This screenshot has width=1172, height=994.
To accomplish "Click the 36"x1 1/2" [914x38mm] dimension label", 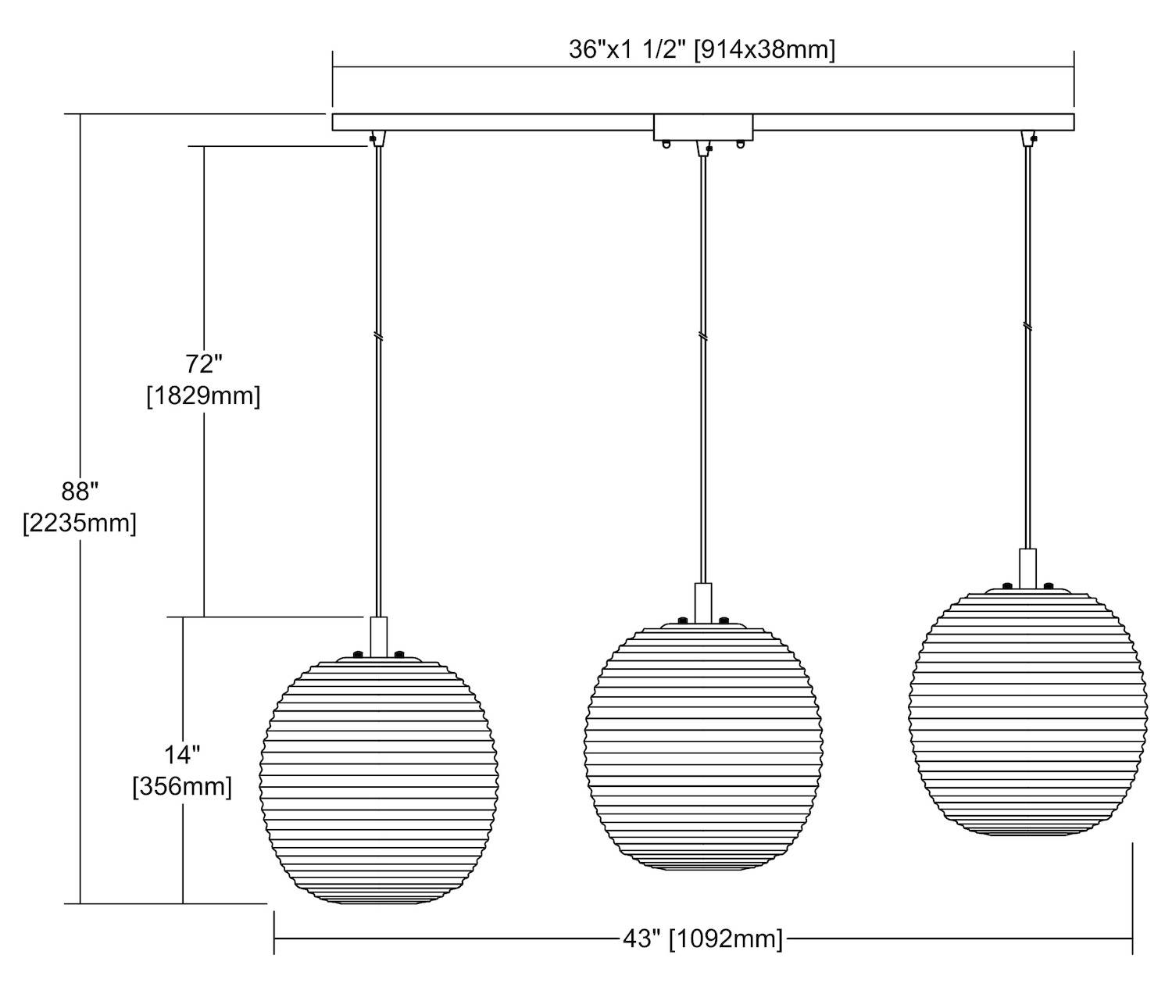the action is (702, 50).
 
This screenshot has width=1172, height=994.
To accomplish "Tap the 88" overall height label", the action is (80, 492).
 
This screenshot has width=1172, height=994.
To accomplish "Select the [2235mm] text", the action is (80, 524).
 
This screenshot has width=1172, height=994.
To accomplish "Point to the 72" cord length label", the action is (204, 364).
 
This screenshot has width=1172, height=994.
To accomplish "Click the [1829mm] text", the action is (204, 395).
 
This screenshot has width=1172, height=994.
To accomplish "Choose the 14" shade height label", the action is (182, 755).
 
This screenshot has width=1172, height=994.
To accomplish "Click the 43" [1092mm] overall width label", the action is (702, 939).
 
